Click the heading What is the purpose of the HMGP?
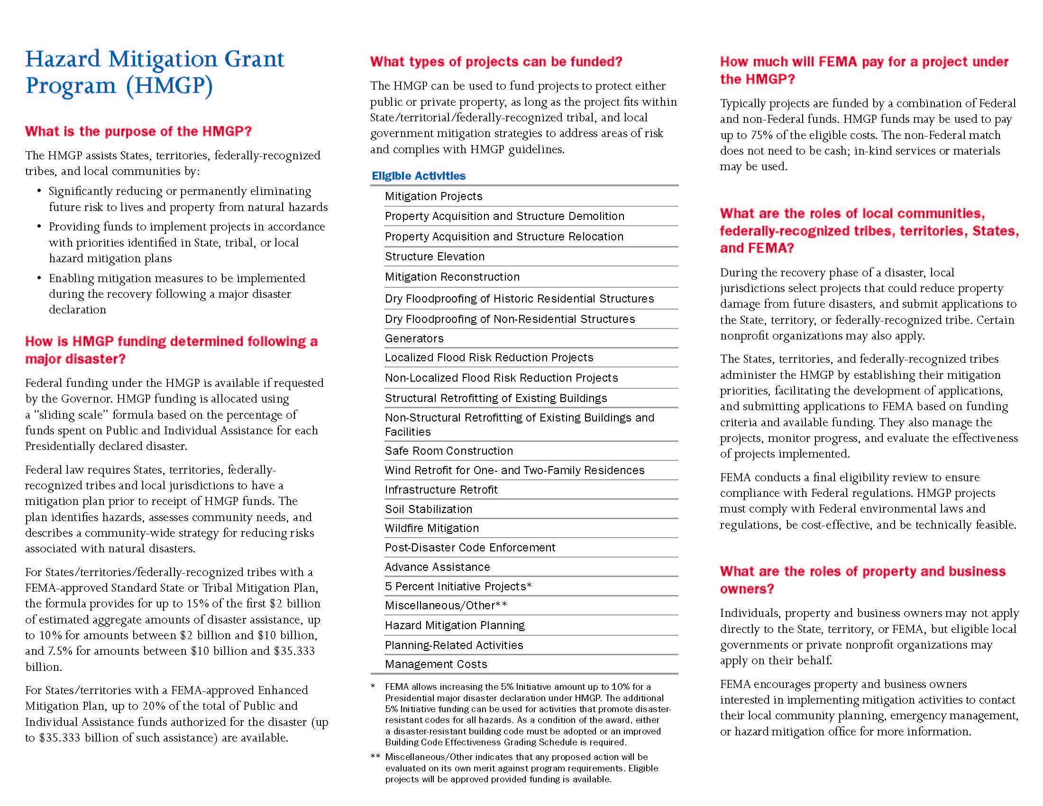(138, 131)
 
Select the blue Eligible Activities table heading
(418, 176)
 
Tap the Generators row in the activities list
(414, 339)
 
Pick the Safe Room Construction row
(448, 451)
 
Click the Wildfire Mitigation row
(432, 528)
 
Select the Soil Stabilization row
(429, 509)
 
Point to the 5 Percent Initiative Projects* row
(458, 586)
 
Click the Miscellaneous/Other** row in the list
(446, 605)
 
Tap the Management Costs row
(436, 664)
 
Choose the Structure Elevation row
(435, 256)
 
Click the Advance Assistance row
(437, 567)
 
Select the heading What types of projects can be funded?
(496, 62)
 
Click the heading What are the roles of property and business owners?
(862, 580)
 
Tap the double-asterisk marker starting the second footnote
(375, 757)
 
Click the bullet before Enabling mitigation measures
(39, 278)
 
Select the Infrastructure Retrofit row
(441, 490)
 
